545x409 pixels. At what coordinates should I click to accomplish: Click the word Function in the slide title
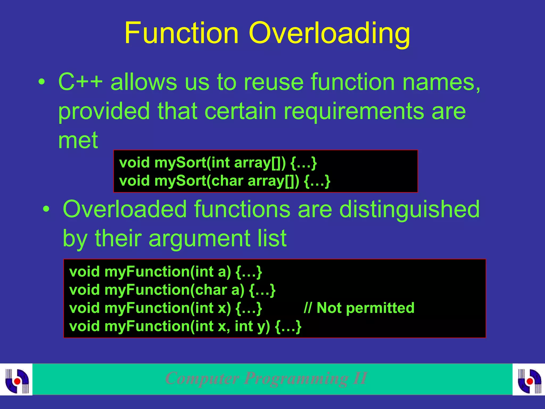click(x=181, y=33)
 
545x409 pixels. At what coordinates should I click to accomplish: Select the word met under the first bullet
click(x=78, y=140)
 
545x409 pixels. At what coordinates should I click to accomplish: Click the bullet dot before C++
click(x=42, y=82)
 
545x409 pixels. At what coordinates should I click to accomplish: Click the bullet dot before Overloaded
click(x=46, y=209)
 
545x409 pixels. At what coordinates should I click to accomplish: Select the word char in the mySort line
click(x=227, y=181)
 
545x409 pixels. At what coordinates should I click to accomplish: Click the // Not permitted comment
click(x=359, y=308)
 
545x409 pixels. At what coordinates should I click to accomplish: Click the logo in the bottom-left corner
click(x=16, y=379)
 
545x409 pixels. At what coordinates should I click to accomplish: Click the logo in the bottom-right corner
click(x=529, y=379)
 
